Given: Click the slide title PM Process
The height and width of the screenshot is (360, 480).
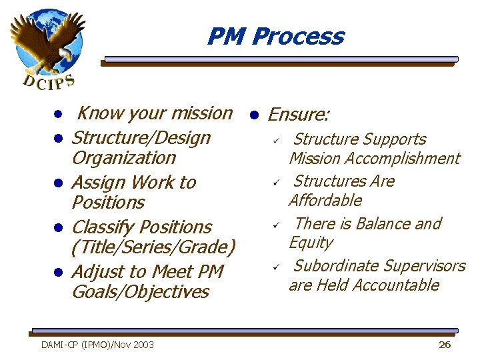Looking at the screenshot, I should click(275, 36).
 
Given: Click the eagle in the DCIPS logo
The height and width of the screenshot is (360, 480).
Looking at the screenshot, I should click(47, 40).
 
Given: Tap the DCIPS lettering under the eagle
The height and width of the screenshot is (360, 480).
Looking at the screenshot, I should click(49, 82).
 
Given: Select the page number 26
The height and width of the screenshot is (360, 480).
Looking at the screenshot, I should click(445, 344).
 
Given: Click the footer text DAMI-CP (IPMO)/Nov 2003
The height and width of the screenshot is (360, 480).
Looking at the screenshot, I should click(97, 344).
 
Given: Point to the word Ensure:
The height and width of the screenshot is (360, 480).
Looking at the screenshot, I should click(298, 115).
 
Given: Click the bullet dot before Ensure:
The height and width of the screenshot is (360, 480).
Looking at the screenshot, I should click(253, 115).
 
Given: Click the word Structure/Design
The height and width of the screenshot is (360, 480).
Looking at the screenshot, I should click(141, 138).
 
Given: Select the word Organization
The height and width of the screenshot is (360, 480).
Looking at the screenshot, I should click(123, 158).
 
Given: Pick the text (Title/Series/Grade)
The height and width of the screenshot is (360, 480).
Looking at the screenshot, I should click(153, 247).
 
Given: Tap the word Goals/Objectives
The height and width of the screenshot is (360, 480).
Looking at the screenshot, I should click(140, 292).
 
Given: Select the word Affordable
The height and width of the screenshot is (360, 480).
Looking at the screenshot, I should click(325, 201).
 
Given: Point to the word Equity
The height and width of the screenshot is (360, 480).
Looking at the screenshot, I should click(310, 243).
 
